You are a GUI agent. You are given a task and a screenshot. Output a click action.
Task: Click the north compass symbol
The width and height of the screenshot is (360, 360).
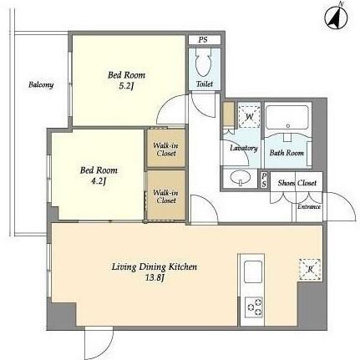336,18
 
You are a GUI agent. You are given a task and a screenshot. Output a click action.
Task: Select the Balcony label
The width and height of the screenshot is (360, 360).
41,84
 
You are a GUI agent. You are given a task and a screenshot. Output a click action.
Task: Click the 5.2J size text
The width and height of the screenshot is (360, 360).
126,86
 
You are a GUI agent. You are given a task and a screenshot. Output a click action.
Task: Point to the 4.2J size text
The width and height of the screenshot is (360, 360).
99,181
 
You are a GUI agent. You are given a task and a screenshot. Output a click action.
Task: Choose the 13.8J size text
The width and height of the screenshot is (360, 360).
155,277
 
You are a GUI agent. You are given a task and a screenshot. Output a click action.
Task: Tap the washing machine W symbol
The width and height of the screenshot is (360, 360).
249,117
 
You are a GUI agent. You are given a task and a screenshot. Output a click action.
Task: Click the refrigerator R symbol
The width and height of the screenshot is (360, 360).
310,270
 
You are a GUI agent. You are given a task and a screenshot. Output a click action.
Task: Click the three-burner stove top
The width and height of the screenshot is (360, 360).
254,307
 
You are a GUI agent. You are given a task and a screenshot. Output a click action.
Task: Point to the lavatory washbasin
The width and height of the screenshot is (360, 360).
241,178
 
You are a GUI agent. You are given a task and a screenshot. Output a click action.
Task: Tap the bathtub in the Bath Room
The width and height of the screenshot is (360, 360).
287,117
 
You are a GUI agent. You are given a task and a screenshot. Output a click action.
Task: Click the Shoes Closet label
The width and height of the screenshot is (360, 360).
297,183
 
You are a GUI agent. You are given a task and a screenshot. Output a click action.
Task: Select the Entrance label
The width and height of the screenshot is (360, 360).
309,206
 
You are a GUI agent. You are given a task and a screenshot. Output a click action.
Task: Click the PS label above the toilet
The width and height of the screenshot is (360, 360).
203,40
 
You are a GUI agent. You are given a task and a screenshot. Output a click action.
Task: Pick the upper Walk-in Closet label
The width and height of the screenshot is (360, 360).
166,150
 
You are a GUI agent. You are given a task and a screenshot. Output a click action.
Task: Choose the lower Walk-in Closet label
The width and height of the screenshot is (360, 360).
166,196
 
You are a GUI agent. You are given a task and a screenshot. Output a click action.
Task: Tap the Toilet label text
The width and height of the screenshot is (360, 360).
205,84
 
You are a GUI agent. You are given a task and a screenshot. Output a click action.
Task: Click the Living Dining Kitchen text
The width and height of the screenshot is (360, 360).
155,266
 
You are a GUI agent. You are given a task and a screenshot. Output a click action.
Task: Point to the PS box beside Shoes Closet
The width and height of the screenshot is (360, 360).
264,180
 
